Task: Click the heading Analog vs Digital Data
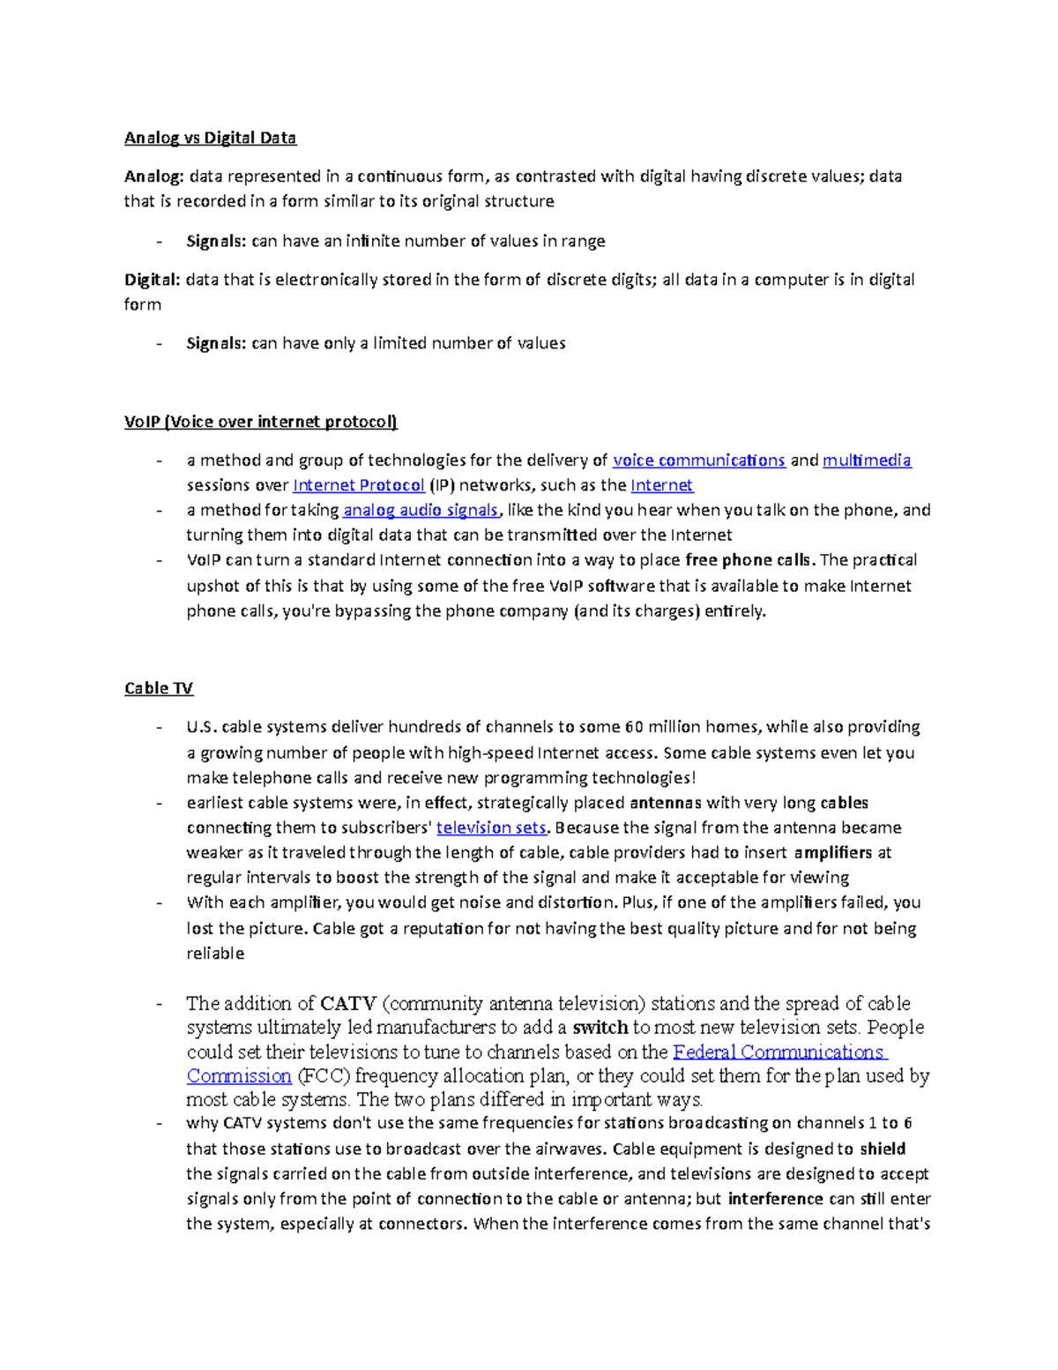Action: [x=210, y=138]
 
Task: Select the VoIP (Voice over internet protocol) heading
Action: [x=260, y=422]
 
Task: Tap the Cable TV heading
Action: [x=159, y=688]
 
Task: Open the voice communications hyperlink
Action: [x=698, y=460]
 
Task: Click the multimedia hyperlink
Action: [x=867, y=460]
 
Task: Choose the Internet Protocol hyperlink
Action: [x=359, y=485]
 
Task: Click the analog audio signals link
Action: [x=421, y=510]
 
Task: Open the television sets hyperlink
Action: [x=491, y=827]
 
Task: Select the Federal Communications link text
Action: [x=779, y=1052]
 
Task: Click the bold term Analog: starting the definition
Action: [x=153, y=176]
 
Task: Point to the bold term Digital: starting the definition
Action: [x=152, y=280]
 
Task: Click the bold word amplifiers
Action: [x=832, y=852]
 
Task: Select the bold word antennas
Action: [x=666, y=803]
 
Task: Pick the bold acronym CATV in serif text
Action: [x=348, y=1004]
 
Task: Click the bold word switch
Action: [x=600, y=1028]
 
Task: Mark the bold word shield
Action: [x=883, y=1149]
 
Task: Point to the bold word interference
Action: [x=775, y=1199]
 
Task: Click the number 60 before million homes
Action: [x=634, y=727]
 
